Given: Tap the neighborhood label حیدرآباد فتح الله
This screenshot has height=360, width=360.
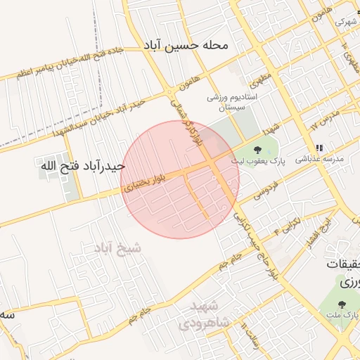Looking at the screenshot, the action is tap(82, 167).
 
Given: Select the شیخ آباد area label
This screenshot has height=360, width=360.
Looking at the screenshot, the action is tap(117, 247).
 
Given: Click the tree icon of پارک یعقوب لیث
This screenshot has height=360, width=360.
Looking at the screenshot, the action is tap(258, 149).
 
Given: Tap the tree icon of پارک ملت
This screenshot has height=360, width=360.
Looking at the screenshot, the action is tap(342, 304).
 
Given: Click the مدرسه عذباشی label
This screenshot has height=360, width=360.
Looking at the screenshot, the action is tap(319, 160).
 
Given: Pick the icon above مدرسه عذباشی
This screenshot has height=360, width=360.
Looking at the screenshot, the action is tap(320, 148).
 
